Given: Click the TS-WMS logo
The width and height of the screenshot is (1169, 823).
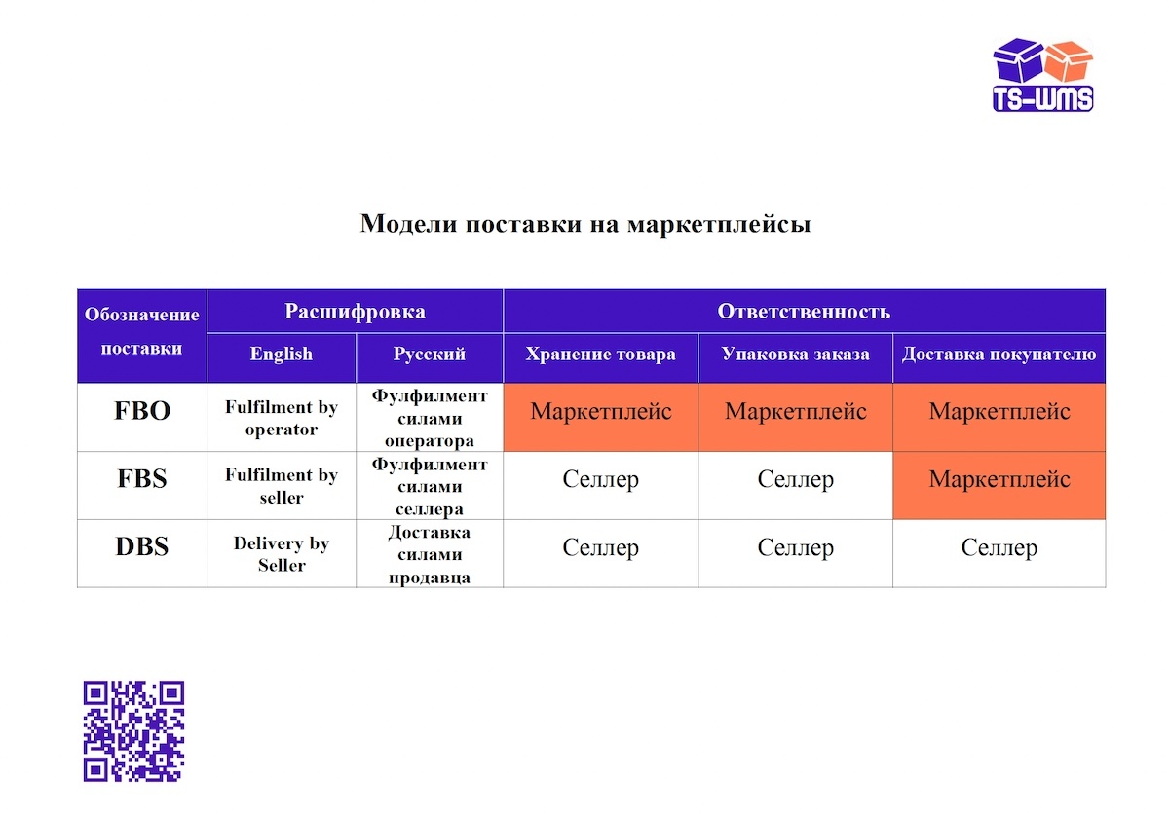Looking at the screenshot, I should click(1042, 75).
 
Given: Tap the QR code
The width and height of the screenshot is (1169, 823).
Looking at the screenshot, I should click(133, 730).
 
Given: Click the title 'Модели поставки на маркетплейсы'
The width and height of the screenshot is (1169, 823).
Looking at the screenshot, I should click(585, 224).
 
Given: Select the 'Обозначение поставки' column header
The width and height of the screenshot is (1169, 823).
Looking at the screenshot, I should click(142, 335).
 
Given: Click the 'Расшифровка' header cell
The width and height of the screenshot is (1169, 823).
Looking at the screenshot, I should click(355, 312).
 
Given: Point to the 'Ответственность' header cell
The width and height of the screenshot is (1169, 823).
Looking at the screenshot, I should click(804, 312).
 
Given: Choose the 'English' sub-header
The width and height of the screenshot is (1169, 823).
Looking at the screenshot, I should click(282, 355).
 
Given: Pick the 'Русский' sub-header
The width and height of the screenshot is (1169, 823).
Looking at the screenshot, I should click(430, 355).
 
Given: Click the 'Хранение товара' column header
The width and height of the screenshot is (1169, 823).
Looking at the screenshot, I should click(600, 355).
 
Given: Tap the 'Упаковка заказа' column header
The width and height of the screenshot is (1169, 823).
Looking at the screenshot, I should click(795, 355).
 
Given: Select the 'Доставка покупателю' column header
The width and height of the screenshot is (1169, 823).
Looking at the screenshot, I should click(999, 355).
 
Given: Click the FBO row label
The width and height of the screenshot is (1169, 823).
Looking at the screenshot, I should click(142, 411).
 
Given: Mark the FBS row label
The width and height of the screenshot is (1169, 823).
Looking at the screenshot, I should click(142, 479).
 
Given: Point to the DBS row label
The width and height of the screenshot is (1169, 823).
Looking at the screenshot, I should click(142, 547).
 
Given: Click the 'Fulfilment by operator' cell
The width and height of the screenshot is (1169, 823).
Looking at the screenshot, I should click(282, 418).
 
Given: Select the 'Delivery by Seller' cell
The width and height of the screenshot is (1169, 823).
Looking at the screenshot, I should click(282, 554).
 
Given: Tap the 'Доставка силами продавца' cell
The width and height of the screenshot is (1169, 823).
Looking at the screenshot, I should click(430, 554).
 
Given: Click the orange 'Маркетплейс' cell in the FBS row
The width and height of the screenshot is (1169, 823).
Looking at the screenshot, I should click(999, 479).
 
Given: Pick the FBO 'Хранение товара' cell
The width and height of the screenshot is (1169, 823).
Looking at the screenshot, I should click(600, 411).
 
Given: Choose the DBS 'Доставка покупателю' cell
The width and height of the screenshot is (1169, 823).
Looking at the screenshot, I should click(999, 547).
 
